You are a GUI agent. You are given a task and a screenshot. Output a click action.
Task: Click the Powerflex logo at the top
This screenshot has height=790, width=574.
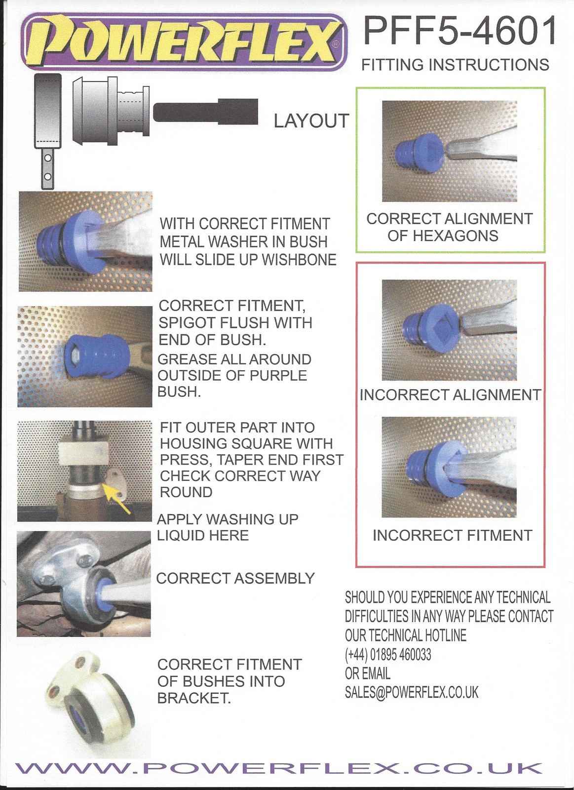(184, 44)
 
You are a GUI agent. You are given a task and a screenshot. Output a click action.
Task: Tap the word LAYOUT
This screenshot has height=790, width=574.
(311, 121)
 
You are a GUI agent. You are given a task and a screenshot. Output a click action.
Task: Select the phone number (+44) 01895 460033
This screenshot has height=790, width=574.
(388, 655)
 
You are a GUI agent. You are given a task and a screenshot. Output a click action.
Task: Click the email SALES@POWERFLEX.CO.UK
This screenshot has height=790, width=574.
(412, 692)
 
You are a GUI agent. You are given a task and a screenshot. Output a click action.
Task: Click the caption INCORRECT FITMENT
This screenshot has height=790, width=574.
(452, 536)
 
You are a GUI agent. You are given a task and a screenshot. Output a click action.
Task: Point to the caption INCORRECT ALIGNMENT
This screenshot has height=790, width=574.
(450, 395)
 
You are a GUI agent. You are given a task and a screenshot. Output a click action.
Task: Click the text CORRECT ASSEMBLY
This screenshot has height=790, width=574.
(235, 578)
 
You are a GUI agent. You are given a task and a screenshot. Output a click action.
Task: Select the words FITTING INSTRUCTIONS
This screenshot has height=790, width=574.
(455, 65)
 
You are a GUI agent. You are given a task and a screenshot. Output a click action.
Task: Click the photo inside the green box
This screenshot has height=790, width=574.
(450, 151)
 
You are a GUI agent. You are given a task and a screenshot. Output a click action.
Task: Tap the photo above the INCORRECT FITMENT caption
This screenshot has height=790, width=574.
(449, 467)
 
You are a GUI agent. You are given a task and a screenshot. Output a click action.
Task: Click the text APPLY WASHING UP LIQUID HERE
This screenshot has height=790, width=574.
(228, 527)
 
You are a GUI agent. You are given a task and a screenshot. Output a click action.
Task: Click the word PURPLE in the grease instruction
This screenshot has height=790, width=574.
(278, 375)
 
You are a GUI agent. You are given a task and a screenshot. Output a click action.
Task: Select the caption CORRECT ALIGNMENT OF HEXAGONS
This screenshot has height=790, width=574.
(450, 227)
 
